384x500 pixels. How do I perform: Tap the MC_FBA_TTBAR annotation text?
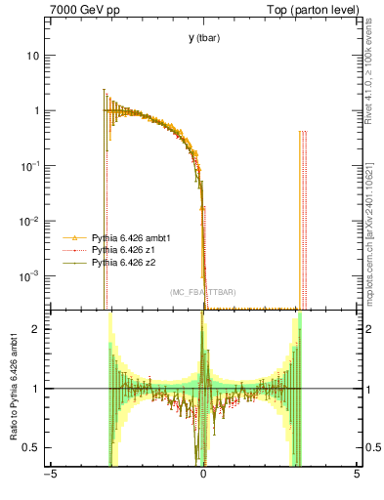tap(202, 293)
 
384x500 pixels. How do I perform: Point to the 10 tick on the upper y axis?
tap(33, 56)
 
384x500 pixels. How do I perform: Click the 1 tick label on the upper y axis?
tap(36, 110)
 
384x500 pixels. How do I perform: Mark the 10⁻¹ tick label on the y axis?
tap(30, 165)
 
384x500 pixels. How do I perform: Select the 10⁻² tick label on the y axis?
tap(30, 221)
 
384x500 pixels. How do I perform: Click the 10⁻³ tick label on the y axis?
tap(30, 276)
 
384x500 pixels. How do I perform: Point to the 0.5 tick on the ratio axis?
tap(33, 447)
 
